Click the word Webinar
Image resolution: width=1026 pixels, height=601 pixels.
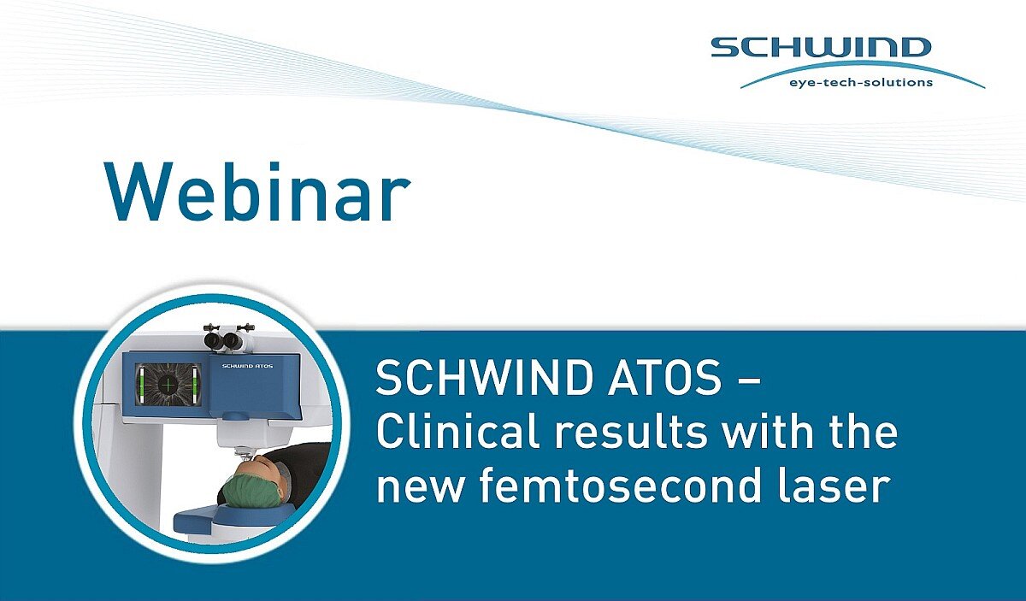point(257,192)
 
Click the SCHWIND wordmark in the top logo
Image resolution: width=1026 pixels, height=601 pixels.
point(822,48)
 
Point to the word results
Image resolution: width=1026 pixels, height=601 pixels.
point(633,432)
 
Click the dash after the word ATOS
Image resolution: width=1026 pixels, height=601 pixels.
point(751,380)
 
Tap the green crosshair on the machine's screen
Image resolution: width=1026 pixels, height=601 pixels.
point(168,385)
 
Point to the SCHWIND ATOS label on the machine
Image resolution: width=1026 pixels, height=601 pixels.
point(247,366)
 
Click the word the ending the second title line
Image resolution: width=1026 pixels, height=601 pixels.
point(866,432)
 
